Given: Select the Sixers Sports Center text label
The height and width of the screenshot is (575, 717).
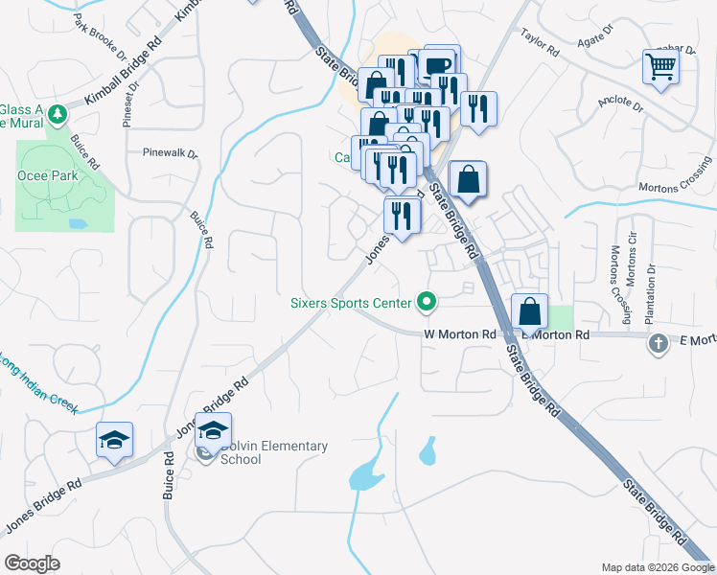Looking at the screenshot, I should (351, 304).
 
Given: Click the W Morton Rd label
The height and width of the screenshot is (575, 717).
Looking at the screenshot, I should (460, 334).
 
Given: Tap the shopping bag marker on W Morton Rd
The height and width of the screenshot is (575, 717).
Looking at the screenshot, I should (529, 311).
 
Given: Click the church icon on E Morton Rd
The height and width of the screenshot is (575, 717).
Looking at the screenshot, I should (658, 344).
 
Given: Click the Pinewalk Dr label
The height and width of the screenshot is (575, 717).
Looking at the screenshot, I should (170, 152).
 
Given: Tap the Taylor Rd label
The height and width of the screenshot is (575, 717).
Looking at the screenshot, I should (539, 41).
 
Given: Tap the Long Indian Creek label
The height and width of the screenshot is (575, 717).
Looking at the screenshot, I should (38, 382).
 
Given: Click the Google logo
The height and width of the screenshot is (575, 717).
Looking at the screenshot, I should (33, 563).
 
